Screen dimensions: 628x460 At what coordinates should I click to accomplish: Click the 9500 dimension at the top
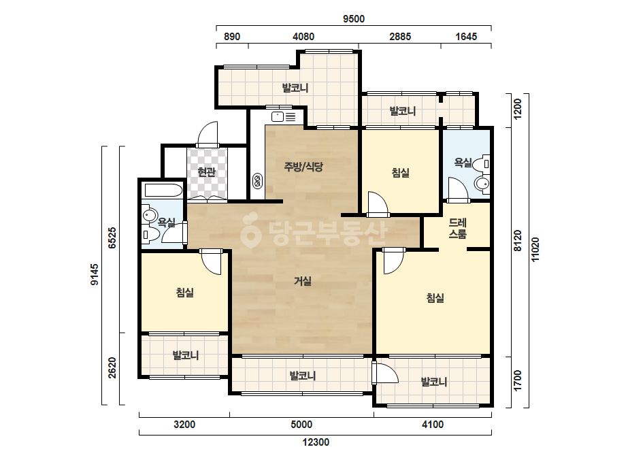(x=354, y=19)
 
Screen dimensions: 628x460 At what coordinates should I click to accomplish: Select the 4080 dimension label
(x=303, y=37)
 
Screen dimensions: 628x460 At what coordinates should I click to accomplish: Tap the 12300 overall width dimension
(x=316, y=442)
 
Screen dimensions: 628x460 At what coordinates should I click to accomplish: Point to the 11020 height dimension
(x=535, y=250)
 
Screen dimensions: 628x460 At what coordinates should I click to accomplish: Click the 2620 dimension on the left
(x=112, y=367)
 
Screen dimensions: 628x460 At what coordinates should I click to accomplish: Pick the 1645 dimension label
(x=466, y=37)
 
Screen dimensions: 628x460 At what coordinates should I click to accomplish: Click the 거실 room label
(x=302, y=281)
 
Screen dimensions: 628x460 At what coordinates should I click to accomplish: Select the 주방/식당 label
(x=303, y=167)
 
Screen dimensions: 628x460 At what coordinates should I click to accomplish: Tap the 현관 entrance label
(x=207, y=172)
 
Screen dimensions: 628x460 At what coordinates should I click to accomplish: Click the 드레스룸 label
(x=457, y=228)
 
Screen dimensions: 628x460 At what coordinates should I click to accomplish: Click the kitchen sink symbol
(x=284, y=116)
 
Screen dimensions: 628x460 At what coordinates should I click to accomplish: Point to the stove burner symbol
(x=257, y=181)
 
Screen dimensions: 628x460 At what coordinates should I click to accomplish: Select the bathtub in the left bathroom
(x=163, y=190)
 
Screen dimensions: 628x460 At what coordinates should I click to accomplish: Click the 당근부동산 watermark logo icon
(x=250, y=231)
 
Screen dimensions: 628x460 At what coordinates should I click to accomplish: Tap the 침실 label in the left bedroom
(x=184, y=293)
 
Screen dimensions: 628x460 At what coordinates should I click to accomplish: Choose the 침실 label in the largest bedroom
(x=435, y=298)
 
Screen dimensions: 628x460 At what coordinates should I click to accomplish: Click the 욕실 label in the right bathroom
(x=463, y=162)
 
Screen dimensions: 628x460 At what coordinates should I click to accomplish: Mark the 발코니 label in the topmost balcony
(x=295, y=88)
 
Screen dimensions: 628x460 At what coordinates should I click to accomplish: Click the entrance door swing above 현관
(x=208, y=133)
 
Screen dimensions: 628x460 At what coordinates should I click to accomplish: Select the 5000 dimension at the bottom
(x=301, y=425)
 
